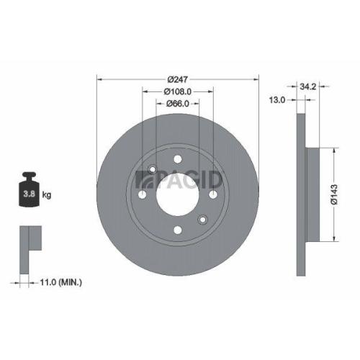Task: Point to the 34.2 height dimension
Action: pyautogui.click(x=312, y=86)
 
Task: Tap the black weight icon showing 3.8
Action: pyautogui.click(x=30, y=189)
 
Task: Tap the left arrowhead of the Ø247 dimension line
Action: pyautogui.click(x=99, y=79)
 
